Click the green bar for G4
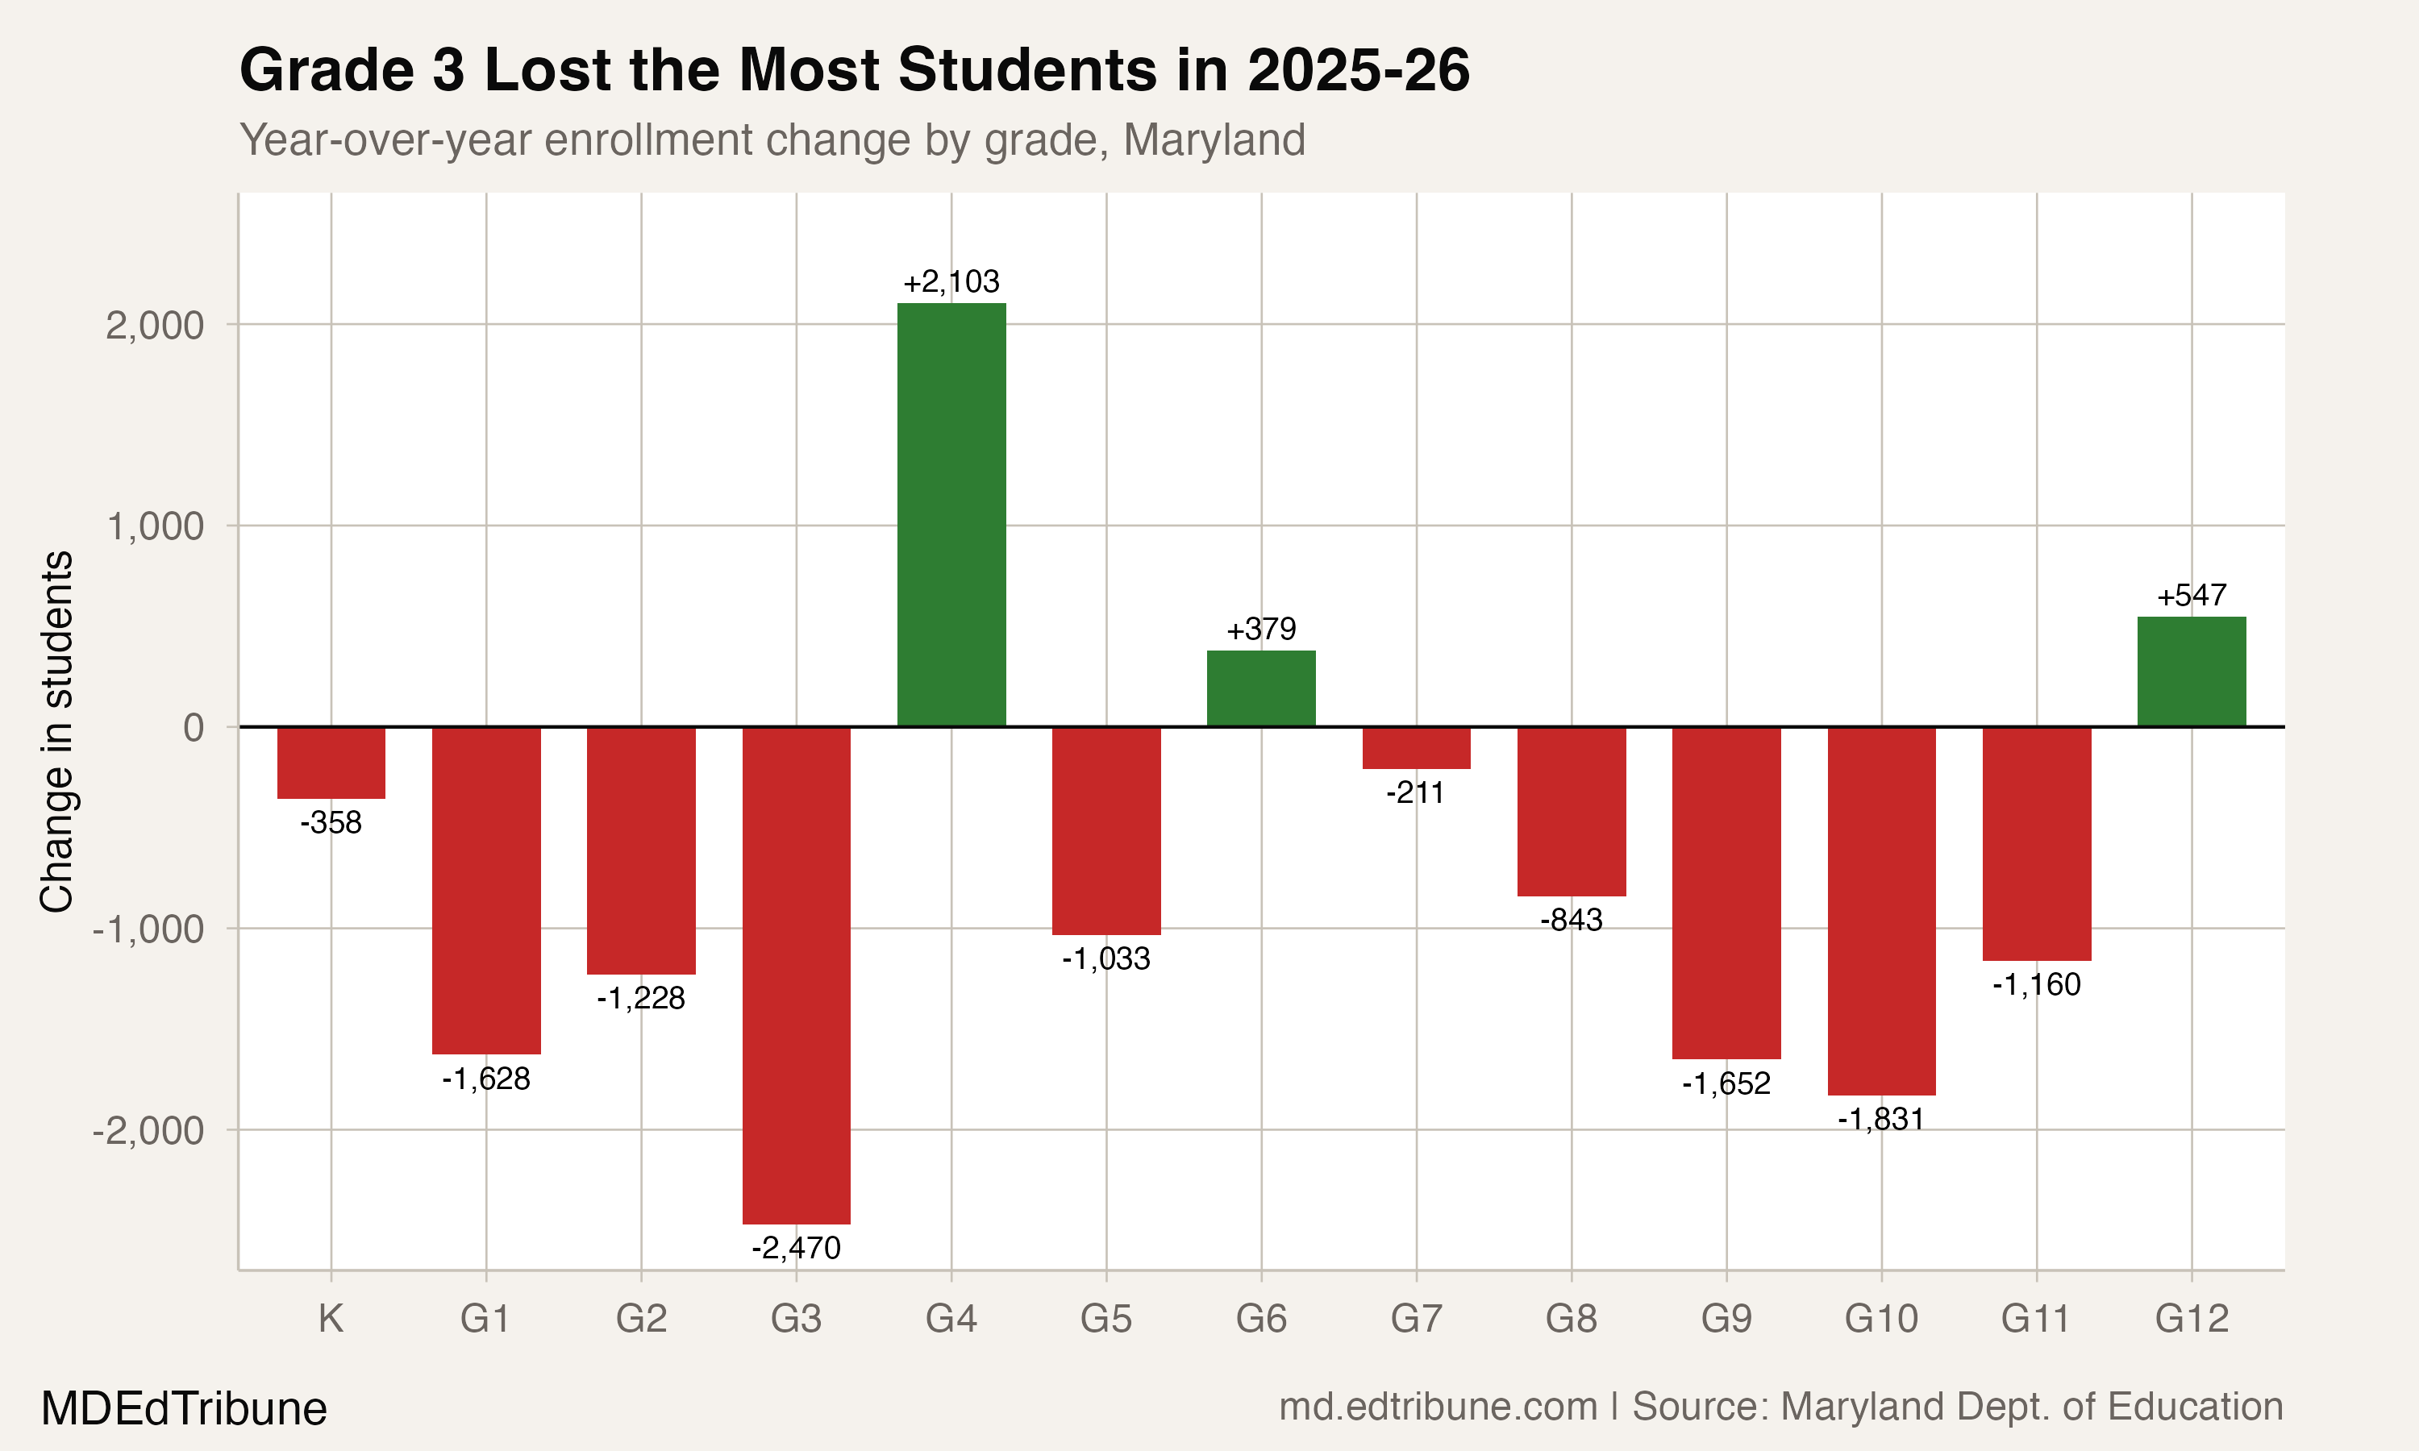click(x=951, y=514)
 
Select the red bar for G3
click(x=796, y=975)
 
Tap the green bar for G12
click(x=2191, y=671)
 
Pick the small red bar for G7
click(x=1416, y=748)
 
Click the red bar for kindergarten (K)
click(x=331, y=763)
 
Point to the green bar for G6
click(x=1261, y=688)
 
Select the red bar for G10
click(x=1881, y=910)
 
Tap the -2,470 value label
click(x=796, y=1249)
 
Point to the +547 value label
click(x=2191, y=596)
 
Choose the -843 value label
click(x=1572, y=920)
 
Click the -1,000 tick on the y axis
click(x=148, y=929)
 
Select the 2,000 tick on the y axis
click(x=155, y=326)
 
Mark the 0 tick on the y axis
click(x=194, y=727)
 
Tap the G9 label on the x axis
click(x=1726, y=1319)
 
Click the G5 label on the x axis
click(x=1105, y=1319)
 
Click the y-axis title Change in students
click(x=56, y=731)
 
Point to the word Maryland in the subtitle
click(x=1214, y=139)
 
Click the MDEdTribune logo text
click(x=184, y=1409)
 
